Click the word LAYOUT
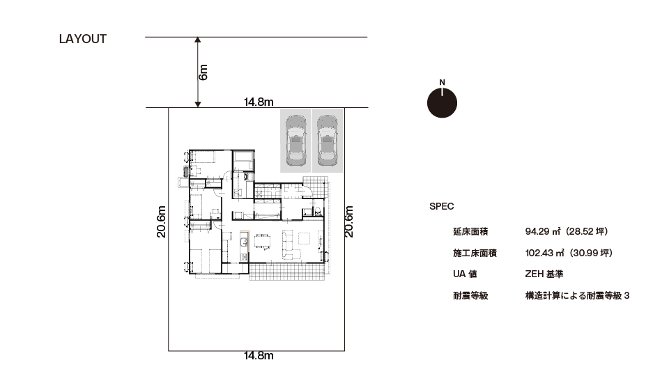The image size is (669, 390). click(83, 39)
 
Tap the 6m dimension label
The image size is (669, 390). click(203, 72)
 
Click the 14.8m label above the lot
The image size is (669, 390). click(259, 102)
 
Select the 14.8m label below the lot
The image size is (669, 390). click(259, 355)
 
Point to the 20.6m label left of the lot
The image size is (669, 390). click(161, 221)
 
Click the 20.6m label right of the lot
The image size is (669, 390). click(349, 221)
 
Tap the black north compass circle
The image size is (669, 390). click(442, 102)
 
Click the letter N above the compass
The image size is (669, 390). click(442, 82)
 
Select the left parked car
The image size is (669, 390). click(295, 141)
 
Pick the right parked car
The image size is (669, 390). click(328, 141)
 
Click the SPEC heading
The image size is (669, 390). click(442, 206)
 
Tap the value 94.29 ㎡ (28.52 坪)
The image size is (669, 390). click(567, 231)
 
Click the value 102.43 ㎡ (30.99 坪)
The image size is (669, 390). click(569, 253)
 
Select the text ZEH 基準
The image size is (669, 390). click(544, 274)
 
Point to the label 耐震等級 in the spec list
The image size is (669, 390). click(470, 295)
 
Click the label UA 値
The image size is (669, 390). click(465, 274)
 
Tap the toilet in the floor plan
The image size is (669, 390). click(317, 210)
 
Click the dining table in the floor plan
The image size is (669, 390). click(263, 241)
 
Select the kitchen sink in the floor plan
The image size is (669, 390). click(244, 242)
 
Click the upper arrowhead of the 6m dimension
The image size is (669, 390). click(197, 40)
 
